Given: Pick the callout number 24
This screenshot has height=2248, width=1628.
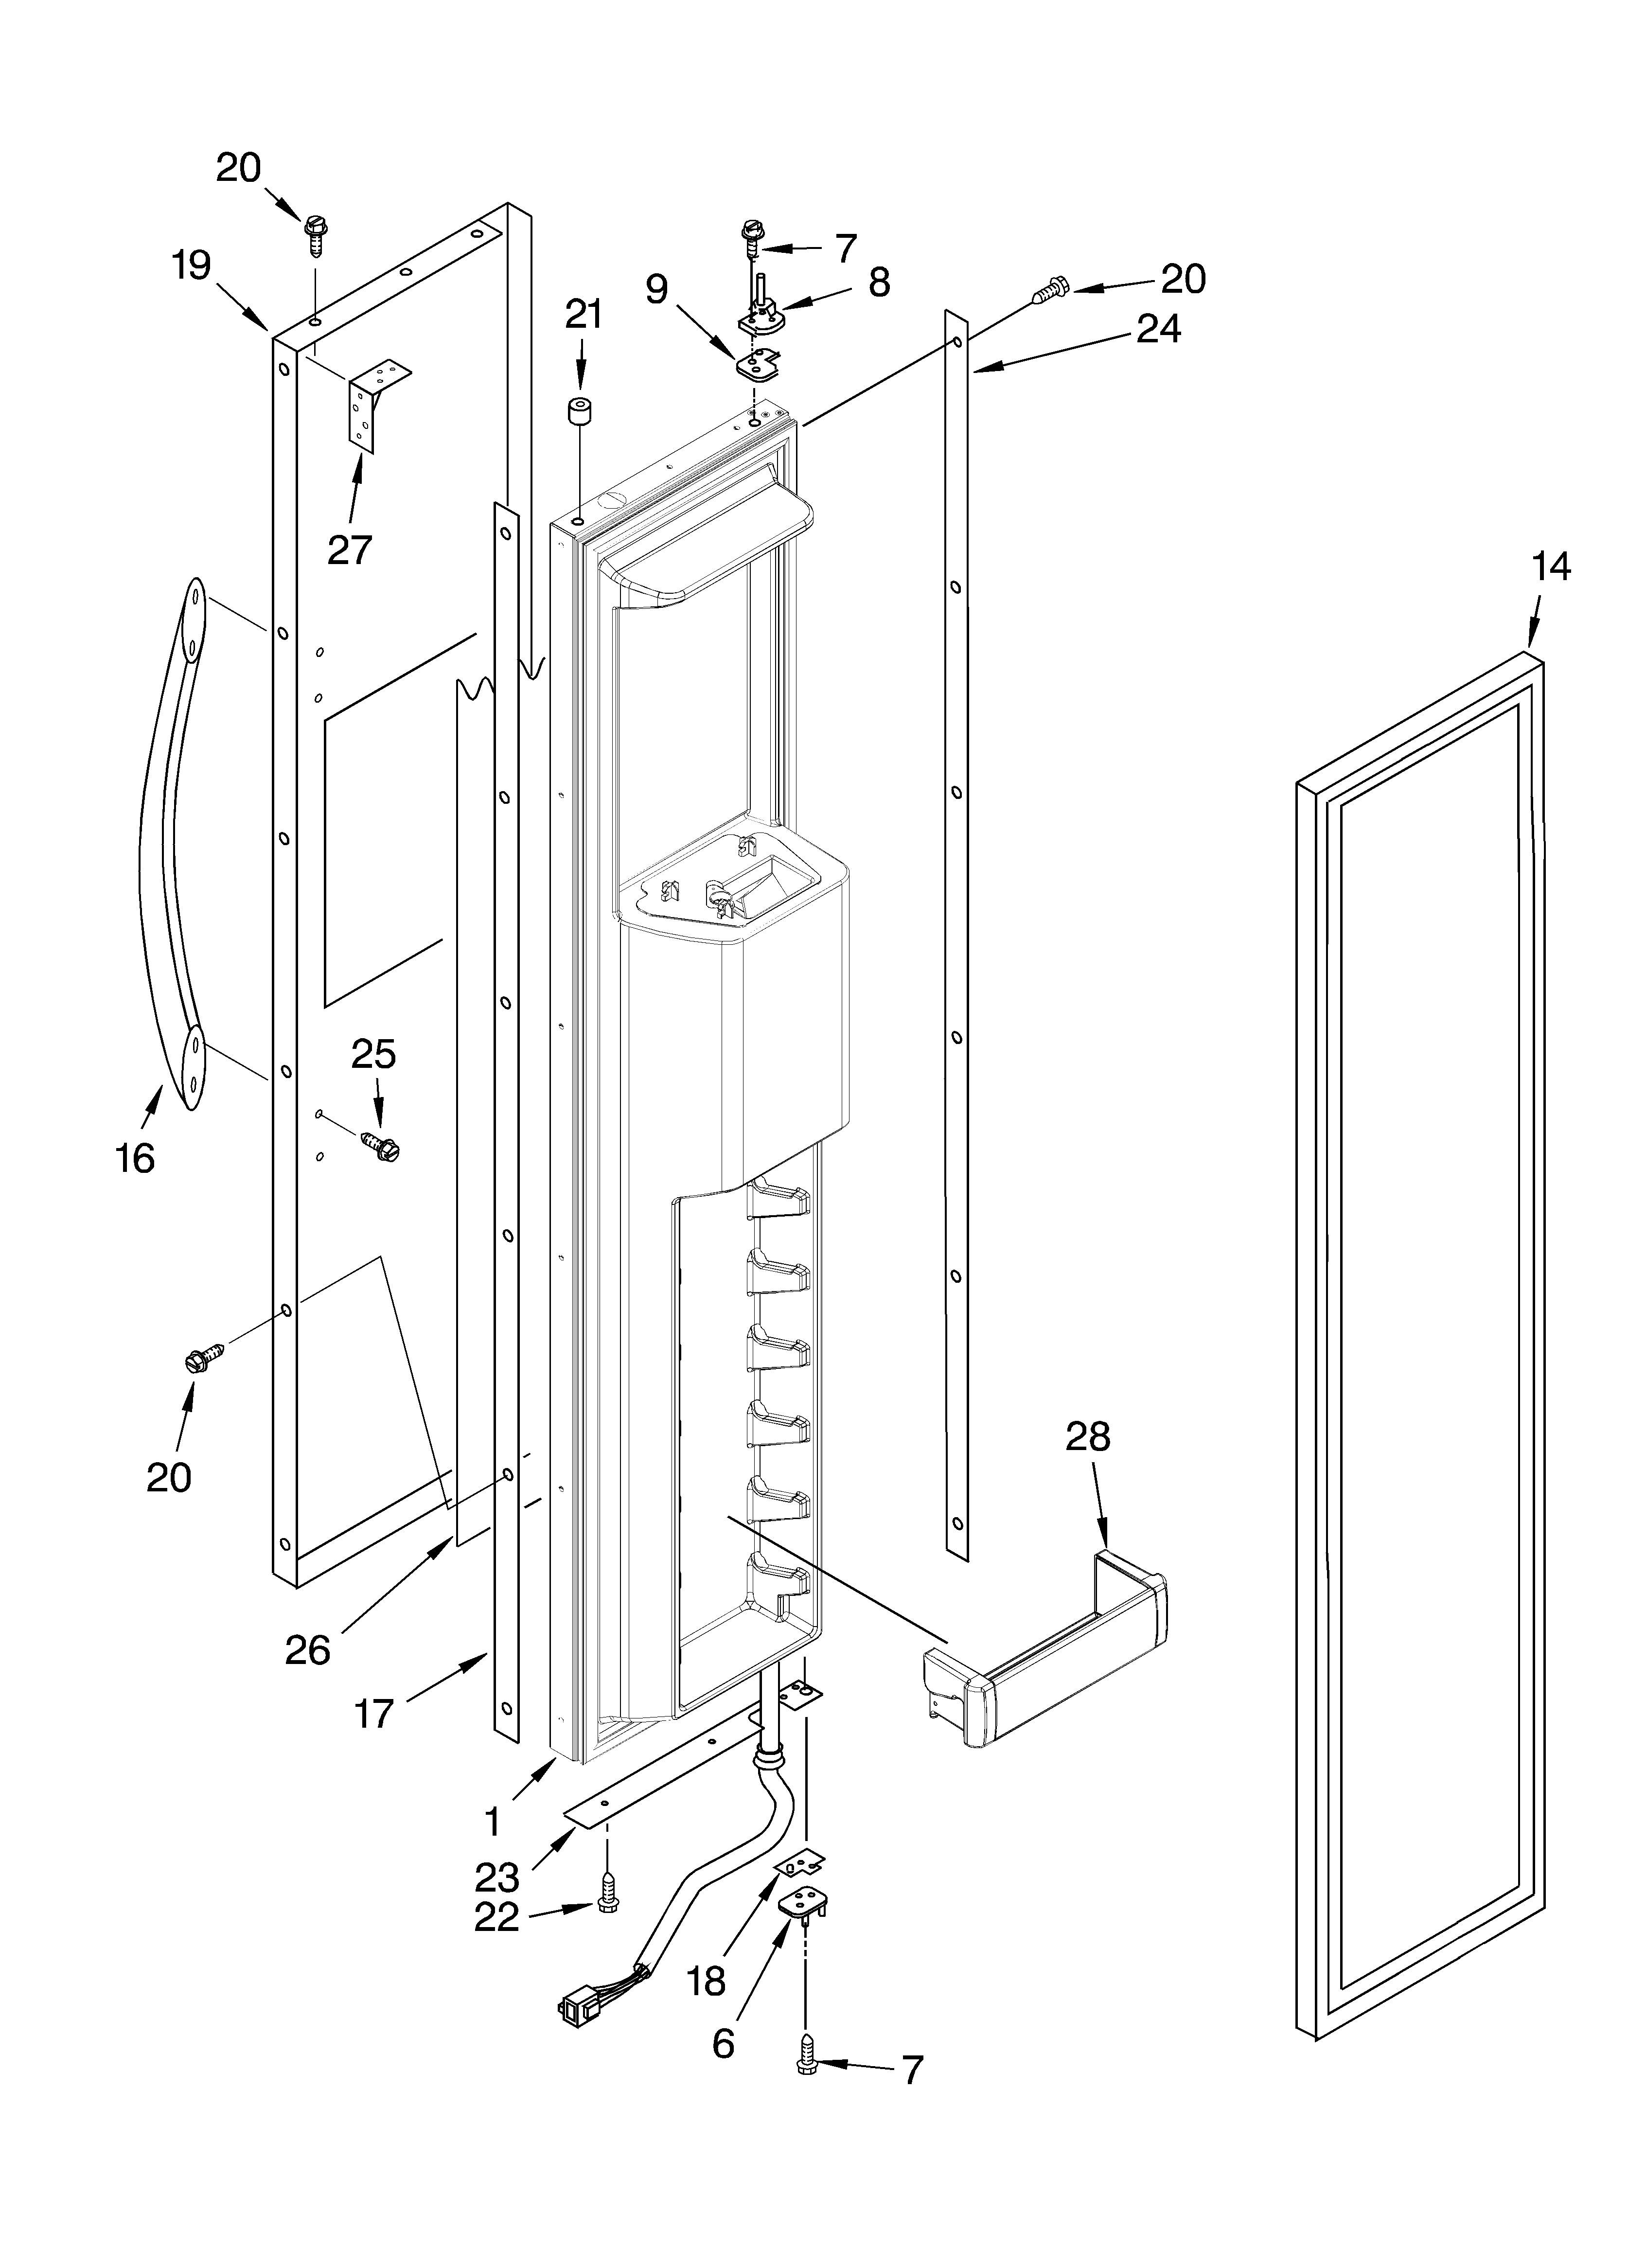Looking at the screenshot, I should click(x=1158, y=328).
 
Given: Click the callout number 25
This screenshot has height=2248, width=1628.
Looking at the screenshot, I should click(x=373, y=1054).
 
